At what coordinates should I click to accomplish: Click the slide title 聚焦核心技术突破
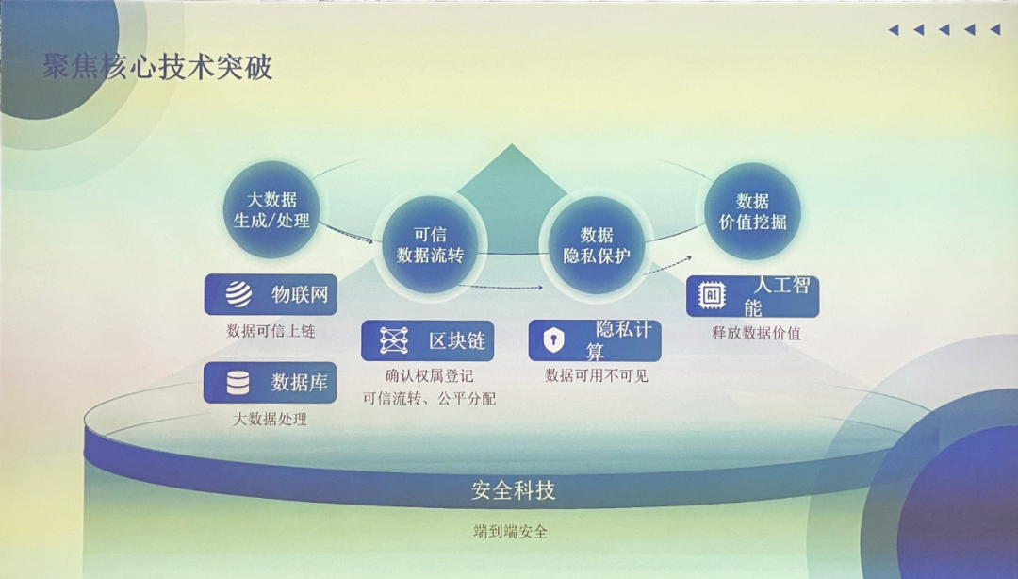[x=157, y=66]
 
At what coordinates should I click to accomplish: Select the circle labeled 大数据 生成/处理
[x=271, y=209]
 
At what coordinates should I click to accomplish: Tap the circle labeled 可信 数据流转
[x=430, y=244]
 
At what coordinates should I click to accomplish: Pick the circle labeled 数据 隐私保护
[x=596, y=245]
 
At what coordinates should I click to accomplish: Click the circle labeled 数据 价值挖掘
[x=752, y=211]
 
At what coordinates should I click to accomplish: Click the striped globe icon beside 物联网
[x=238, y=293]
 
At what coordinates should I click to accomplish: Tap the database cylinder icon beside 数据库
[x=238, y=382]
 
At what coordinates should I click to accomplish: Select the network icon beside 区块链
[x=393, y=340]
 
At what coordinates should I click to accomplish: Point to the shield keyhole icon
[x=553, y=339]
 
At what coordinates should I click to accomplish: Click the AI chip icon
[x=712, y=296]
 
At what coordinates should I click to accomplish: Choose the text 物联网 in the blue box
[x=300, y=294]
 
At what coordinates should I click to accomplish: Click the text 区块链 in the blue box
[x=457, y=340]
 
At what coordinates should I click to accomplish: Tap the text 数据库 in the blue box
[x=300, y=382]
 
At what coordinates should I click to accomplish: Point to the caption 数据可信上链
[x=271, y=331]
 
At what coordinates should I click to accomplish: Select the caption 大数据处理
[x=270, y=419]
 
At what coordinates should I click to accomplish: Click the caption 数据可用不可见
[x=596, y=375]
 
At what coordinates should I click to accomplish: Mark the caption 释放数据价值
[x=756, y=333]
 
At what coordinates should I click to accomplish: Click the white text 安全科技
[x=513, y=490]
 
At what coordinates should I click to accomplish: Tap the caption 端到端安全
[x=510, y=532]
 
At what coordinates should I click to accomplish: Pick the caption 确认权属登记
[x=429, y=375]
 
